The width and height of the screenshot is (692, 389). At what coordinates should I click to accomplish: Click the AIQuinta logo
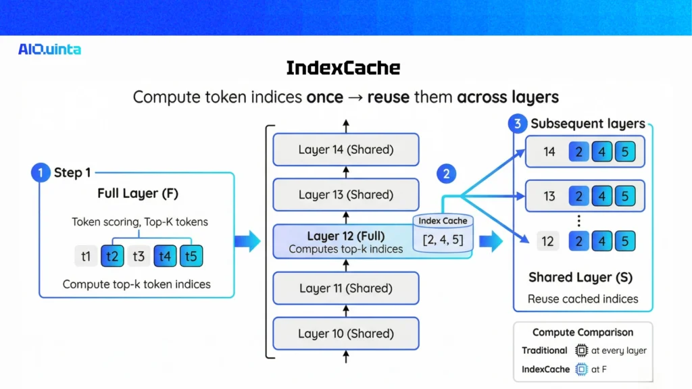click(50, 49)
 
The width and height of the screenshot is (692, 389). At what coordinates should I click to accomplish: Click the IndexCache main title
click(343, 68)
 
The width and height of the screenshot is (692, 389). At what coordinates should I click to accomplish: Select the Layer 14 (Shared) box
click(345, 150)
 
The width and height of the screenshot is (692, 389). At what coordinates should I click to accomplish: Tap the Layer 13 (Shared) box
click(345, 195)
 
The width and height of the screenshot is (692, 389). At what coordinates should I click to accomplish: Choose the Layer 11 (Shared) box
click(345, 288)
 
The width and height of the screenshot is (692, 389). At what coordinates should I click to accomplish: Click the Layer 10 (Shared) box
click(345, 334)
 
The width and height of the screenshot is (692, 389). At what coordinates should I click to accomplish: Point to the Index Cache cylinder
click(443, 233)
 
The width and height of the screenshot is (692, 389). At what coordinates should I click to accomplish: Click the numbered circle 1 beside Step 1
click(41, 173)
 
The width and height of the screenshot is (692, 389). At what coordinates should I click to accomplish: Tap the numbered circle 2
click(446, 174)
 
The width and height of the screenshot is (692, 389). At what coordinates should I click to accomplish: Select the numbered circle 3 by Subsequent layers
click(518, 124)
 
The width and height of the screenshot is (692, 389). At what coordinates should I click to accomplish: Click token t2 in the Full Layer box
click(112, 257)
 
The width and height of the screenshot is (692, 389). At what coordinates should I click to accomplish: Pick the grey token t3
click(139, 257)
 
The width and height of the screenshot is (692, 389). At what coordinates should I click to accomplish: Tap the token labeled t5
click(191, 257)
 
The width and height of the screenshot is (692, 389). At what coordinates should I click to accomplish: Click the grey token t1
click(86, 257)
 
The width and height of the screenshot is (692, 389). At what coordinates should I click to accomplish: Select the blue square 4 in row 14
click(601, 152)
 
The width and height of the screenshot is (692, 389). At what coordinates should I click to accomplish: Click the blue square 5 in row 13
click(625, 197)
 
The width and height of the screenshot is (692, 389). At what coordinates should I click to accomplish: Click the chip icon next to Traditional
click(581, 351)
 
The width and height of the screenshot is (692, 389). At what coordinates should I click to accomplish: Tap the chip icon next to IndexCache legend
click(581, 369)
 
